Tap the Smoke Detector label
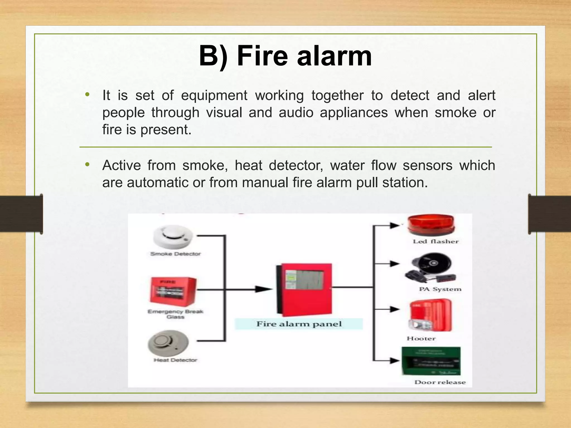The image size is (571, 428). click(x=175, y=254)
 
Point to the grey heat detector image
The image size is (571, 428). click(x=168, y=343)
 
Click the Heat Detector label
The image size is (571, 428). click(x=175, y=360)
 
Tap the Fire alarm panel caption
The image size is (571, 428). click(x=299, y=324)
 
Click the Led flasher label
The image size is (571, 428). click(x=435, y=242)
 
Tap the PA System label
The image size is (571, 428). click(x=440, y=289)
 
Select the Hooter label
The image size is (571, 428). click(x=421, y=339)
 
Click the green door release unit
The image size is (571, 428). click(x=431, y=361)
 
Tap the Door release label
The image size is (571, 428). click(x=440, y=382)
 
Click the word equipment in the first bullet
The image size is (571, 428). click(x=214, y=96)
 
